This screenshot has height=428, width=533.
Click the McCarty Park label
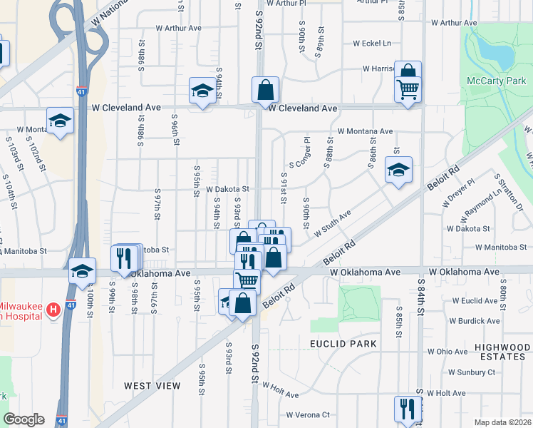click(x=496, y=81)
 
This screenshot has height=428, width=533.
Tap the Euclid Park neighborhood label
click(x=343, y=344)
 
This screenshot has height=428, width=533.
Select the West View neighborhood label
click(x=152, y=386)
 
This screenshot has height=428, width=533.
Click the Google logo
click(x=24, y=419)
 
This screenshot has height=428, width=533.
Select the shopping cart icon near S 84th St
click(x=408, y=90)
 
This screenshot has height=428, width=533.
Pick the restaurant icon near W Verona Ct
click(x=408, y=408)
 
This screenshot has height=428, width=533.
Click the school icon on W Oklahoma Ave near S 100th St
click(x=83, y=271)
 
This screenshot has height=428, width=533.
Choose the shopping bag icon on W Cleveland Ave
click(x=265, y=91)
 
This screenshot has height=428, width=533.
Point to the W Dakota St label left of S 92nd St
click(x=227, y=190)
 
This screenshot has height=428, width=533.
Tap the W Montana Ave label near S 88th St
click(x=365, y=131)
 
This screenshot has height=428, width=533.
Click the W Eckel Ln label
click(x=371, y=44)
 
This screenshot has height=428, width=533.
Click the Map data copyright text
click(x=503, y=422)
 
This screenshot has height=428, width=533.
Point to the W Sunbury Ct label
click(x=472, y=372)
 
